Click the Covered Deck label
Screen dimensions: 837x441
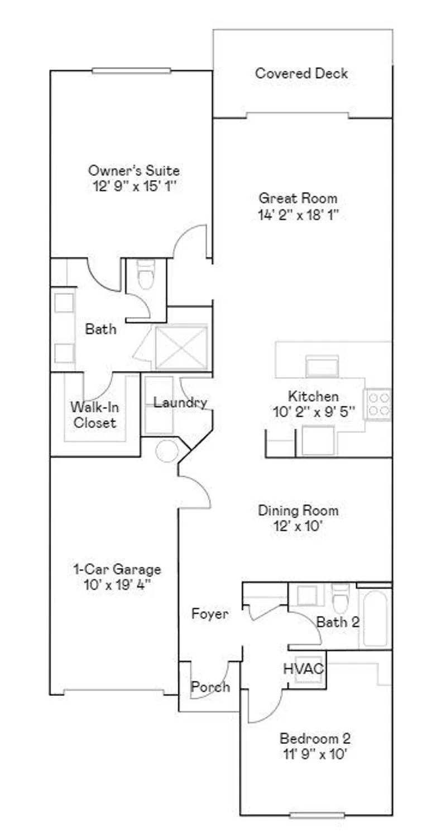point(301,73)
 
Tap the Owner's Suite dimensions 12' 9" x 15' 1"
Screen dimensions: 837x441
point(134,186)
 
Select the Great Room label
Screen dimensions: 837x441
point(298,198)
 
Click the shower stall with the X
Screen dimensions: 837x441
point(181,348)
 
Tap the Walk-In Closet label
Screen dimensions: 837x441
point(93,415)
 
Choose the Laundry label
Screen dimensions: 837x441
point(180,402)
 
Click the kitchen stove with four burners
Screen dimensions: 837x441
point(377,405)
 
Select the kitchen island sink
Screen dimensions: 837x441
point(322,367)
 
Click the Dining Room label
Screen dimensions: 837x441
point(298,510)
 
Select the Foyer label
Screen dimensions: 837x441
point(210,614)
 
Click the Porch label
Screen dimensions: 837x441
point(210,687)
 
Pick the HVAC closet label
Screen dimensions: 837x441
point(304,668)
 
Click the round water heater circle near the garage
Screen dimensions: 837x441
point(166,451)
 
